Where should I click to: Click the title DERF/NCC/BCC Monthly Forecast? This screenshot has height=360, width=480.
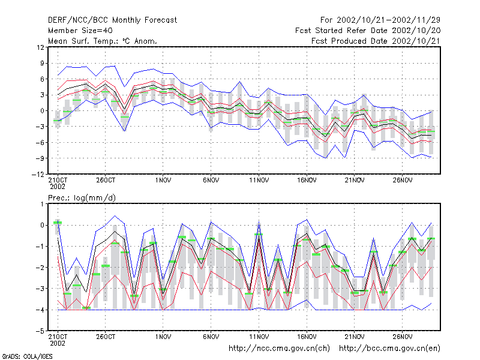(x=112, y=20)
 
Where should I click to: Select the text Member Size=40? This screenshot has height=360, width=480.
(x=80, y=31)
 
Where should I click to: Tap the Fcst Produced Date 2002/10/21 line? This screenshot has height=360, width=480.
(x=376, y=41)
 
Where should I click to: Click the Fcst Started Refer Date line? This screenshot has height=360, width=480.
(x=368, y=31)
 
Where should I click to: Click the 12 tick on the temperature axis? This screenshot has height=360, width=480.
(x=40, y=47)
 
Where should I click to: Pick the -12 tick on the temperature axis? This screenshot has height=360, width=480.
(x=38, y=174)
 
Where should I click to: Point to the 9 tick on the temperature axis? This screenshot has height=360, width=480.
(x=42, y=64)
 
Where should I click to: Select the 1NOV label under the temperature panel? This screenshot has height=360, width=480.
(x=163, y=181)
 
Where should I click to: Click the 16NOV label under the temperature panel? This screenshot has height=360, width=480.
(x=307, y=181)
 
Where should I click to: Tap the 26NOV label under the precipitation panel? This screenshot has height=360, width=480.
(x=403, y=337)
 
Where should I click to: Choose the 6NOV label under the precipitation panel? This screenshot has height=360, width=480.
(x=211, y=337)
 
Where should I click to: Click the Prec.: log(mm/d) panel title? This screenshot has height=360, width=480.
(x=82, y=198)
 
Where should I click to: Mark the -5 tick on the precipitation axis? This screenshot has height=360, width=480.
(x=40, y=331)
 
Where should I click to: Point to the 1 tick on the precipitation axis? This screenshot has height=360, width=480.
(x=42, y=204)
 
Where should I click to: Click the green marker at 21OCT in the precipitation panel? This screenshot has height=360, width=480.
(x=58, y=223)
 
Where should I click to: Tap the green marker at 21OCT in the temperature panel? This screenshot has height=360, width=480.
(x=58, y=121)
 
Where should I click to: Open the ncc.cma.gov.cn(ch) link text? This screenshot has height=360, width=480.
(x=279, y=349)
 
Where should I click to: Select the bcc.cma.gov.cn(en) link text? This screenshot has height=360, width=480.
(x=389, y=349)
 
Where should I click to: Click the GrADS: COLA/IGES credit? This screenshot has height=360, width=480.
(x=27, y=356)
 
